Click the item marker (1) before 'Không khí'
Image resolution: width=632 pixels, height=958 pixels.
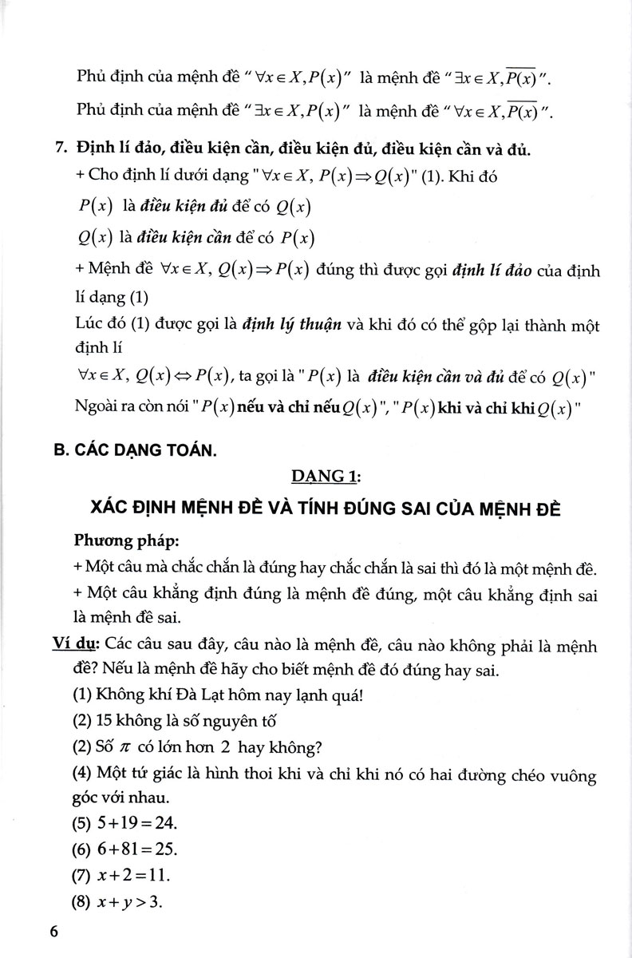point(81,695)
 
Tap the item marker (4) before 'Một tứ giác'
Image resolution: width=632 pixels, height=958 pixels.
point(81,774)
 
